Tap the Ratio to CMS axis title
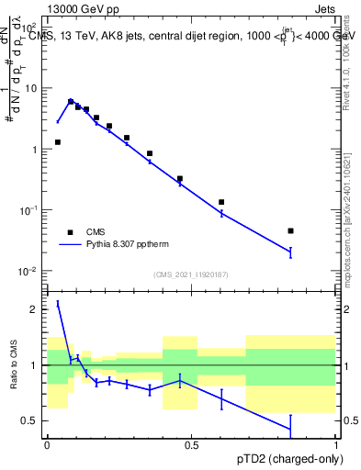pyautogui.click(x=14, y=365)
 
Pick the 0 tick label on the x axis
pyautogui.click(x=47, y=445)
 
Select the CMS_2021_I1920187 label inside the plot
pyautogui.click(x=191, y=274)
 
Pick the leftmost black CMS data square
pyautogui.click(x=58, y=142)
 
